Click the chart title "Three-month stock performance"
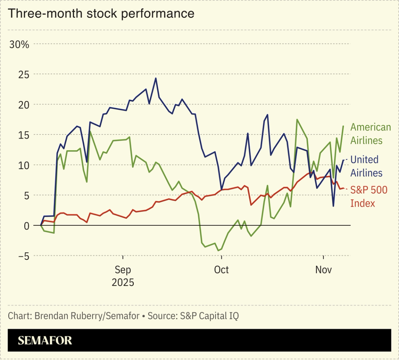click(101, 13)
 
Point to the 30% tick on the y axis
click(19, 45)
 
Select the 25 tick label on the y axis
click(24, 74)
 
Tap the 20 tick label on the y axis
click(24, 105)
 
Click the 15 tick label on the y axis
click(24, 135)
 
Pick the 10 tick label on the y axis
click(24, 165)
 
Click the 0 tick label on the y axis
click(26, 226)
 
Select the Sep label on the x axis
click(123, 270)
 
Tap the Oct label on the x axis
click(221, 270)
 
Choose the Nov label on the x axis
click(323, 270)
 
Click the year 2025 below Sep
click(123, 282)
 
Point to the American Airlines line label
click(370, 134)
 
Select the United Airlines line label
click(366, 166)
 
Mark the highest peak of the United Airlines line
click(156, 78)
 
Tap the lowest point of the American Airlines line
click(218, 250)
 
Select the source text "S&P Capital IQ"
click(209, 316)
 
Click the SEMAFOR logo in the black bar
click(45, 341)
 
